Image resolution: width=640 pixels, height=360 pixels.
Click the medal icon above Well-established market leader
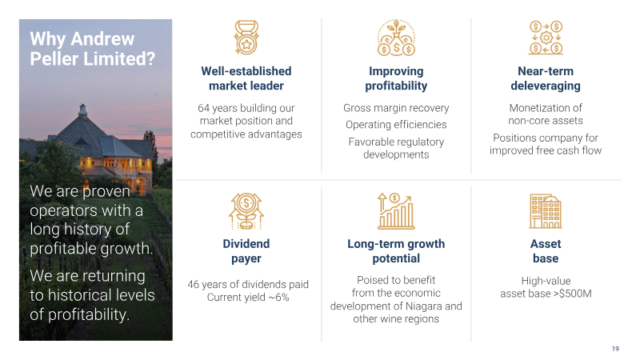[x=246, y=38]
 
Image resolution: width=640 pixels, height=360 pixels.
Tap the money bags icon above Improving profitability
[x=396, y=38]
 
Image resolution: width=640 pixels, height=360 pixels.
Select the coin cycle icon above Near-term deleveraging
[x=546, y=38]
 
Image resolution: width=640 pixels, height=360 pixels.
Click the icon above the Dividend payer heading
[x=246, y=211]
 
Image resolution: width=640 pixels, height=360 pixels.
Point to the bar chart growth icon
[x=396, y=211]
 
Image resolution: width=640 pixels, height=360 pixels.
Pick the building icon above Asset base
[x=546, y=211]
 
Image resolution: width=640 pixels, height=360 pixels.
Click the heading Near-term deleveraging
[x=546, y=78]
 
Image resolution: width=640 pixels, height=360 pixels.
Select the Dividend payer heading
[x=246, y=251]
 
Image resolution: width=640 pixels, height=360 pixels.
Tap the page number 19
[x=615, y=349]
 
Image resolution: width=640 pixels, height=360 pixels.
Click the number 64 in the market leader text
[x=203, y=108]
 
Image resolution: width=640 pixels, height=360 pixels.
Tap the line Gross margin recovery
[x=396, y=108]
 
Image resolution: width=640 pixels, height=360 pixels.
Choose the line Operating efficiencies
[x=396, y=125]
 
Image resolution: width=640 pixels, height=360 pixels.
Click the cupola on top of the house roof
[x=83, y=110]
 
